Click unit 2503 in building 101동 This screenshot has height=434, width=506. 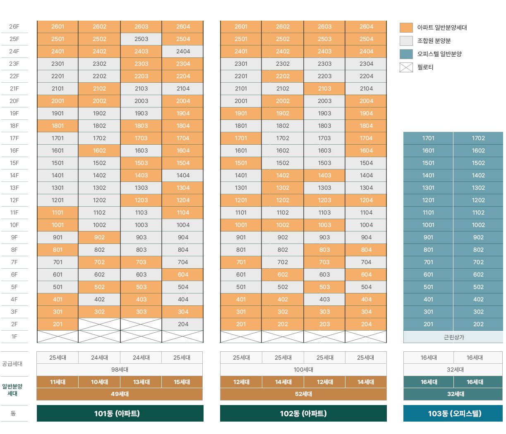(x=141, y=39)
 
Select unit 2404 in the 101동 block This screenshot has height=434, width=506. (x=183, y=51)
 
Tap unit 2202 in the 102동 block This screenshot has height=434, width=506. (x=283, y=76)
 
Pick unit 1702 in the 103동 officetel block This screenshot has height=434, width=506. (x=478, y=138)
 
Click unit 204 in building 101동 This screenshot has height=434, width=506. (x=183, y=324)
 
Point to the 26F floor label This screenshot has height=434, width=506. (x=14, y=26)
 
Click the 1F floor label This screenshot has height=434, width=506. (x=14, y=336)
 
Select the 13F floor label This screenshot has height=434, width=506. (x=14, y=188)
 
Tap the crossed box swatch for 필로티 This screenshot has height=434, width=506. (x=406, y=67)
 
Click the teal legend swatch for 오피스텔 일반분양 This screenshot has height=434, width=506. (x=406, y=54)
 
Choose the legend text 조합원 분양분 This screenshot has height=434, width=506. (x=434, y=41)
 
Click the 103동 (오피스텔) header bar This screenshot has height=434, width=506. (x=453, y=413)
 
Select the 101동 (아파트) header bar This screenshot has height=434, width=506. (x=120, y=413)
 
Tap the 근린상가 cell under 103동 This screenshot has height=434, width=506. (x=453, y=337)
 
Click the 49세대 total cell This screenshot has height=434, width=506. (x=120, y=394)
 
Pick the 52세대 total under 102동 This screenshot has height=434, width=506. (x=303, y=394)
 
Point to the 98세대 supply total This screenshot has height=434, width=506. (x=120, y=370)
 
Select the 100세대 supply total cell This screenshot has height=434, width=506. (x=303, y=370)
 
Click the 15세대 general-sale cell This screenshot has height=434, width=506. (x=182, y=382)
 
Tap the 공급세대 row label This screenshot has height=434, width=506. (x=12, y=364)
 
